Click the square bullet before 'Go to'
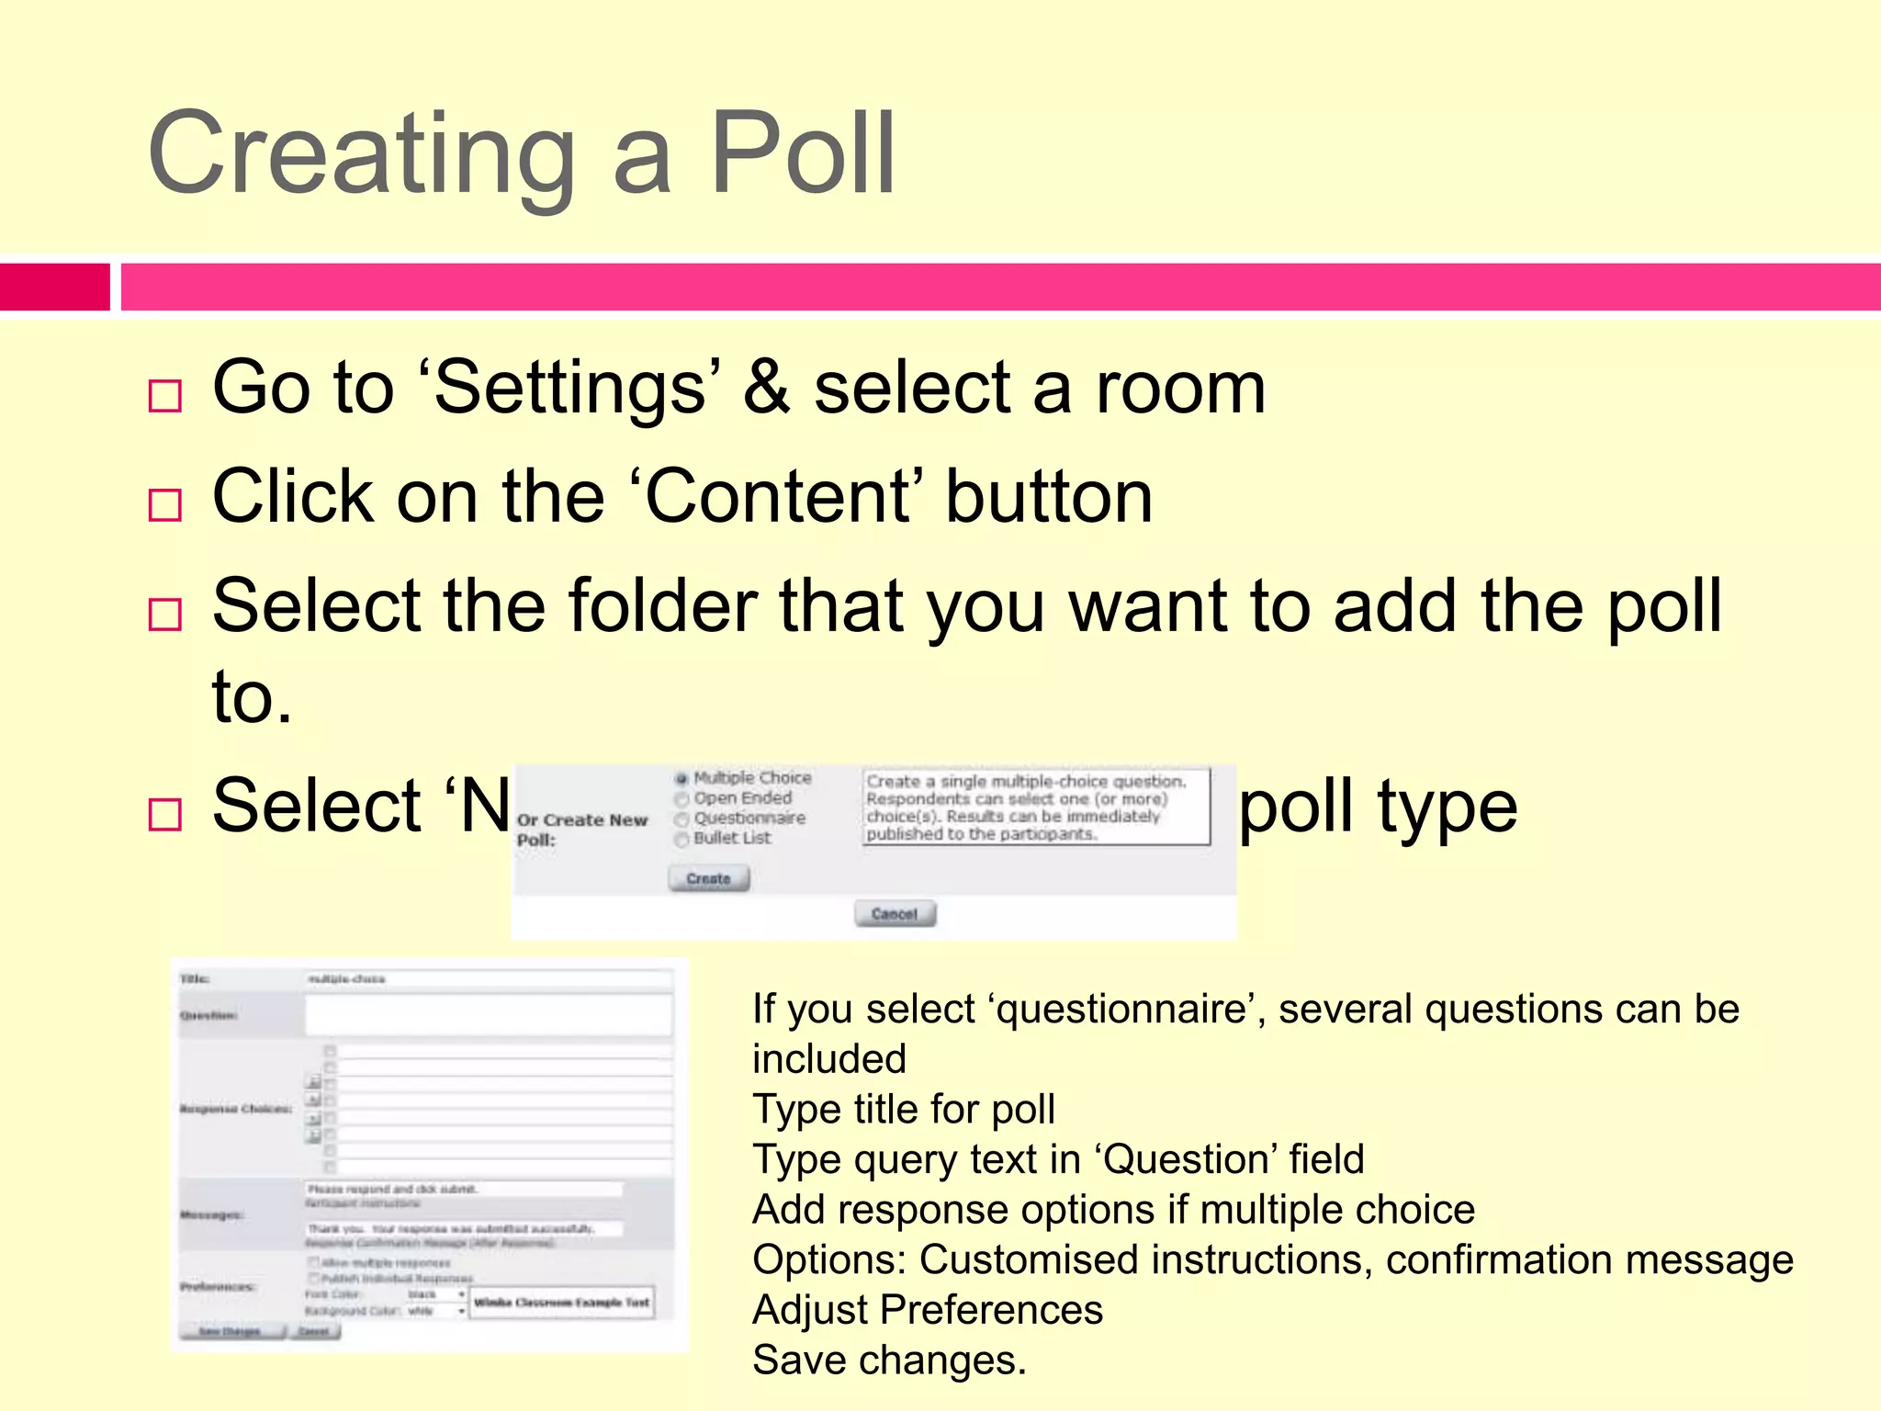tap(165, 396)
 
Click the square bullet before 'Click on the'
tap(165, 505)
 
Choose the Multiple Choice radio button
tap(681, 779)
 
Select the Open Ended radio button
tap(681, 799)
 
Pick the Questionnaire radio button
tap(681, 818)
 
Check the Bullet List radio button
tap(681, 839)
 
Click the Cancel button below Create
tap(895, 914)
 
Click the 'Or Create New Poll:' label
tap(581, 830)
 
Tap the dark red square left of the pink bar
tap(54, 287)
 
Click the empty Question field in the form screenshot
tap(489, 1016)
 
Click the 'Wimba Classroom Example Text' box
tap(562, 1303)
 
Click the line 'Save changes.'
tap(888, 1360)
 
